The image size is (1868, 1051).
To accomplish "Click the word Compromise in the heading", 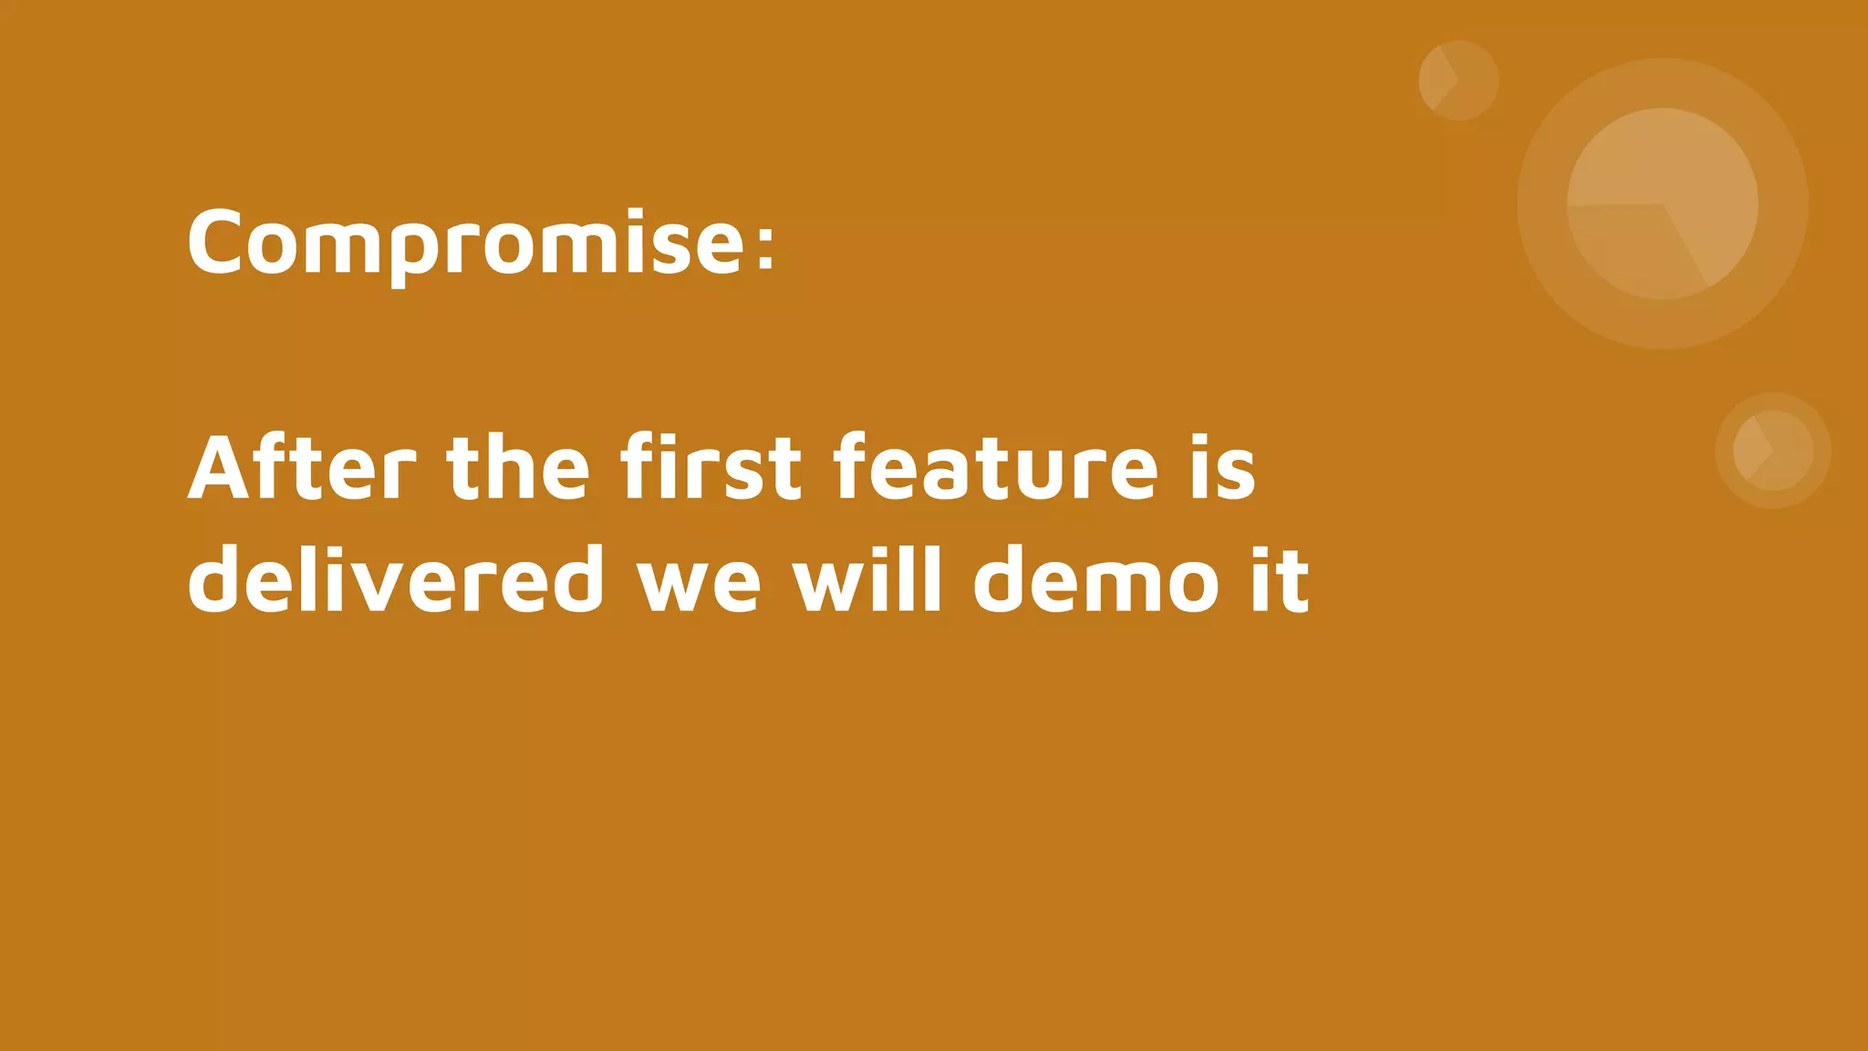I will pyautogui.click(x=465, y=243).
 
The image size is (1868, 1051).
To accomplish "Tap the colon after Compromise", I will pyautogui.click(x=765, y=245).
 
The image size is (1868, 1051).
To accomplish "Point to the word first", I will pyautogui.click(x=711, y=468).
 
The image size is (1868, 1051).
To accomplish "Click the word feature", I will pyautogui.click(x=995, y=468).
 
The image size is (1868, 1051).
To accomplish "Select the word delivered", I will pyautogui.click(x=396, y=580).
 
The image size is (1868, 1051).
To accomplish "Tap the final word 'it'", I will pyautogui.click(x=1280, y=580).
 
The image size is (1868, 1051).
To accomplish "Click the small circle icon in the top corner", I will pyautogui.click(x=1458, y=80).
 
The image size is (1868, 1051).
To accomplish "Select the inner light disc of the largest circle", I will pyautogui.click(x=1662, y=203).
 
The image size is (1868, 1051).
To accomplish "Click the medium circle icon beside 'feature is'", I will pyautogui.click(x=1772, y=450).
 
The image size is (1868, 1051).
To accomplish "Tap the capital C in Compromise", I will pyautogui.click(x=216, y=243).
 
